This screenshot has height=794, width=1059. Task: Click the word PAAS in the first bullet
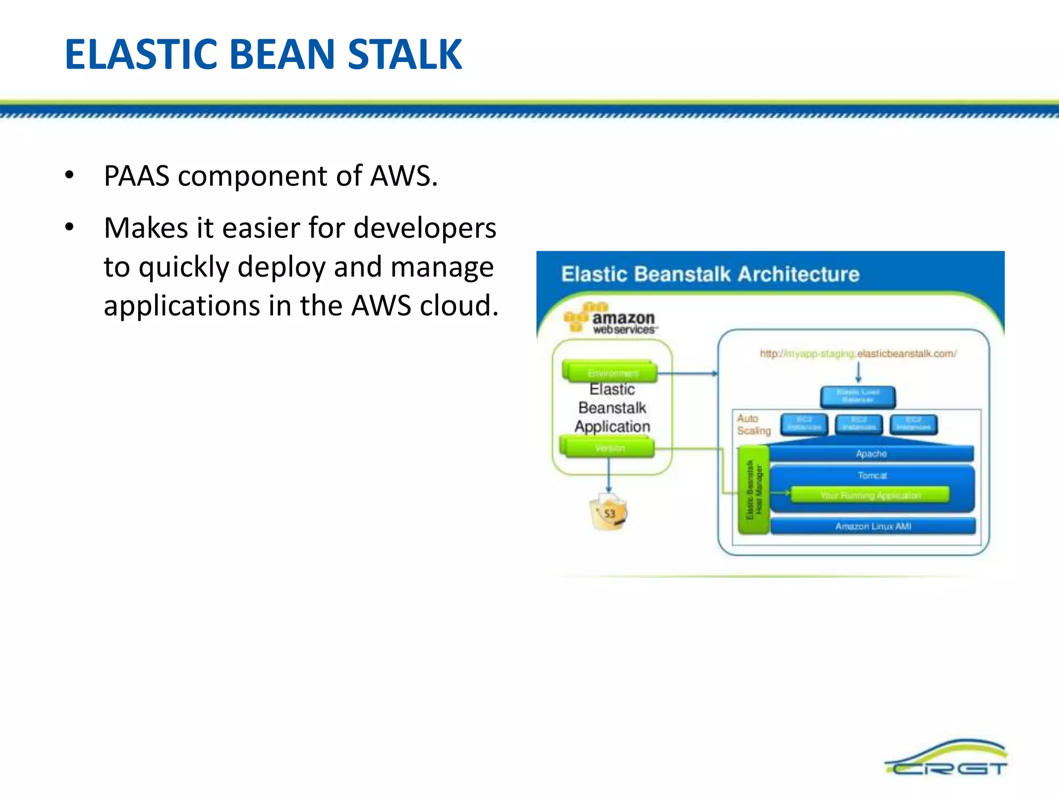pyautogui.click(x=137, y=176)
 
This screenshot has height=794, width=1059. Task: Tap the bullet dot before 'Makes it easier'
pyautogui.click(x=69, y=226)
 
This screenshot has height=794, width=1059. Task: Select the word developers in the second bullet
pyautogui.click(x=425, y=228)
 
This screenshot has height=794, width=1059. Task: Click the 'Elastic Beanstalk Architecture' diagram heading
pyautogui.click(x=710, y=274)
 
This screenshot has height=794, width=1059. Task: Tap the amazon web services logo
pyautogui.click(x=610, y=319)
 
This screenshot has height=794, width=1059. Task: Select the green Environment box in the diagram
pyautogui.click(x=611, y=372)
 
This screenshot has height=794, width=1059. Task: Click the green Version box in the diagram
pyautogui.click(x=608, y=448)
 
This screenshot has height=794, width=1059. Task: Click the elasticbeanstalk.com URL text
pyautogui.click(x=858, y=354)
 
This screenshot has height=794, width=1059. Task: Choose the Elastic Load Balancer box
pyautogui.click(x=858, y=396)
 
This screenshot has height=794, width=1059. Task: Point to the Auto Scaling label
pyautogui.click(x=753, y=424)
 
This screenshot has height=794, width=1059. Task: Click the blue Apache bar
pyautogui.click(x=871, y=453)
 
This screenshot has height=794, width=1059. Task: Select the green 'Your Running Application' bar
pyautogui.click(x=870, y=495)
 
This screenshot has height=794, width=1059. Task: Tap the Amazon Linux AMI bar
pyautogui.click(x=873, y=526)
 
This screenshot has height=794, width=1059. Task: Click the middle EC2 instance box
pyautogui.click(x=858, y=424)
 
